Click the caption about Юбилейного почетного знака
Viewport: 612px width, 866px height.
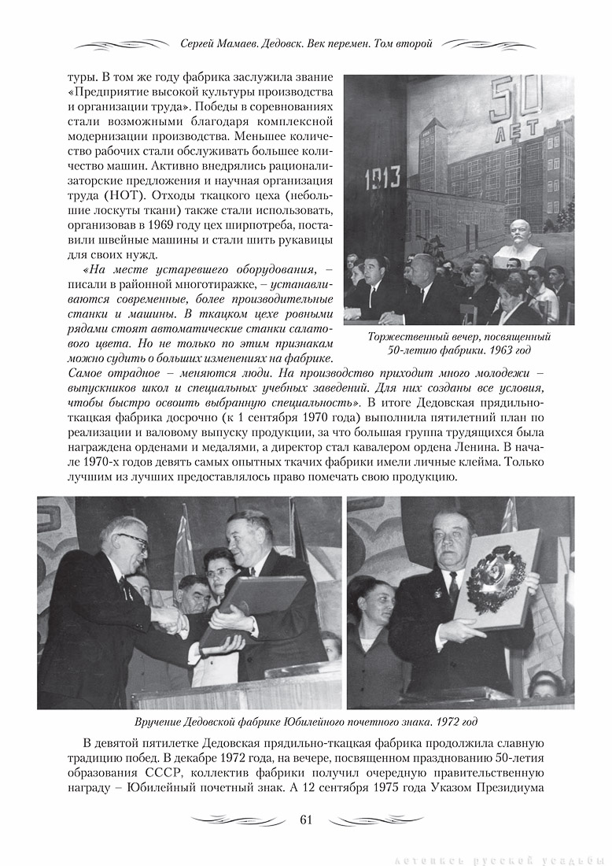pyautogui.click(x=305, y=721)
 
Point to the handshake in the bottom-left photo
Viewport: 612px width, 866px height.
pyautogui.click(x=169, y=621)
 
